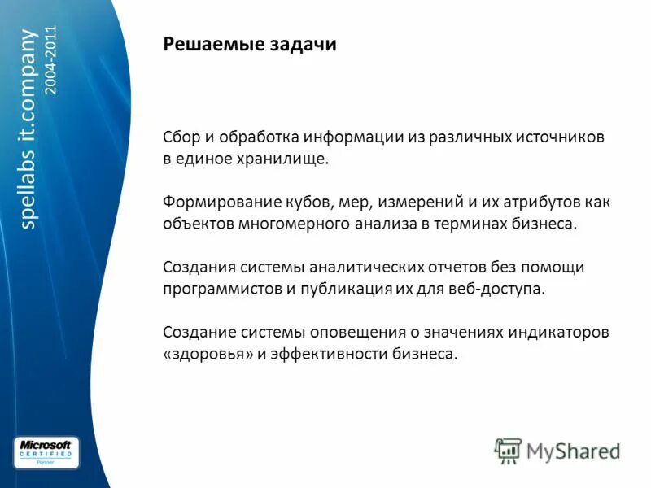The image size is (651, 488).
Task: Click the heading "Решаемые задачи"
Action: click(250, 45)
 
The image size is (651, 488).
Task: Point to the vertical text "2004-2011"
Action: click(52, 60)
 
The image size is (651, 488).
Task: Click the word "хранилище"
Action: click(288, 159)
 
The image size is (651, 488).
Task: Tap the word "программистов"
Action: click(222, 289)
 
